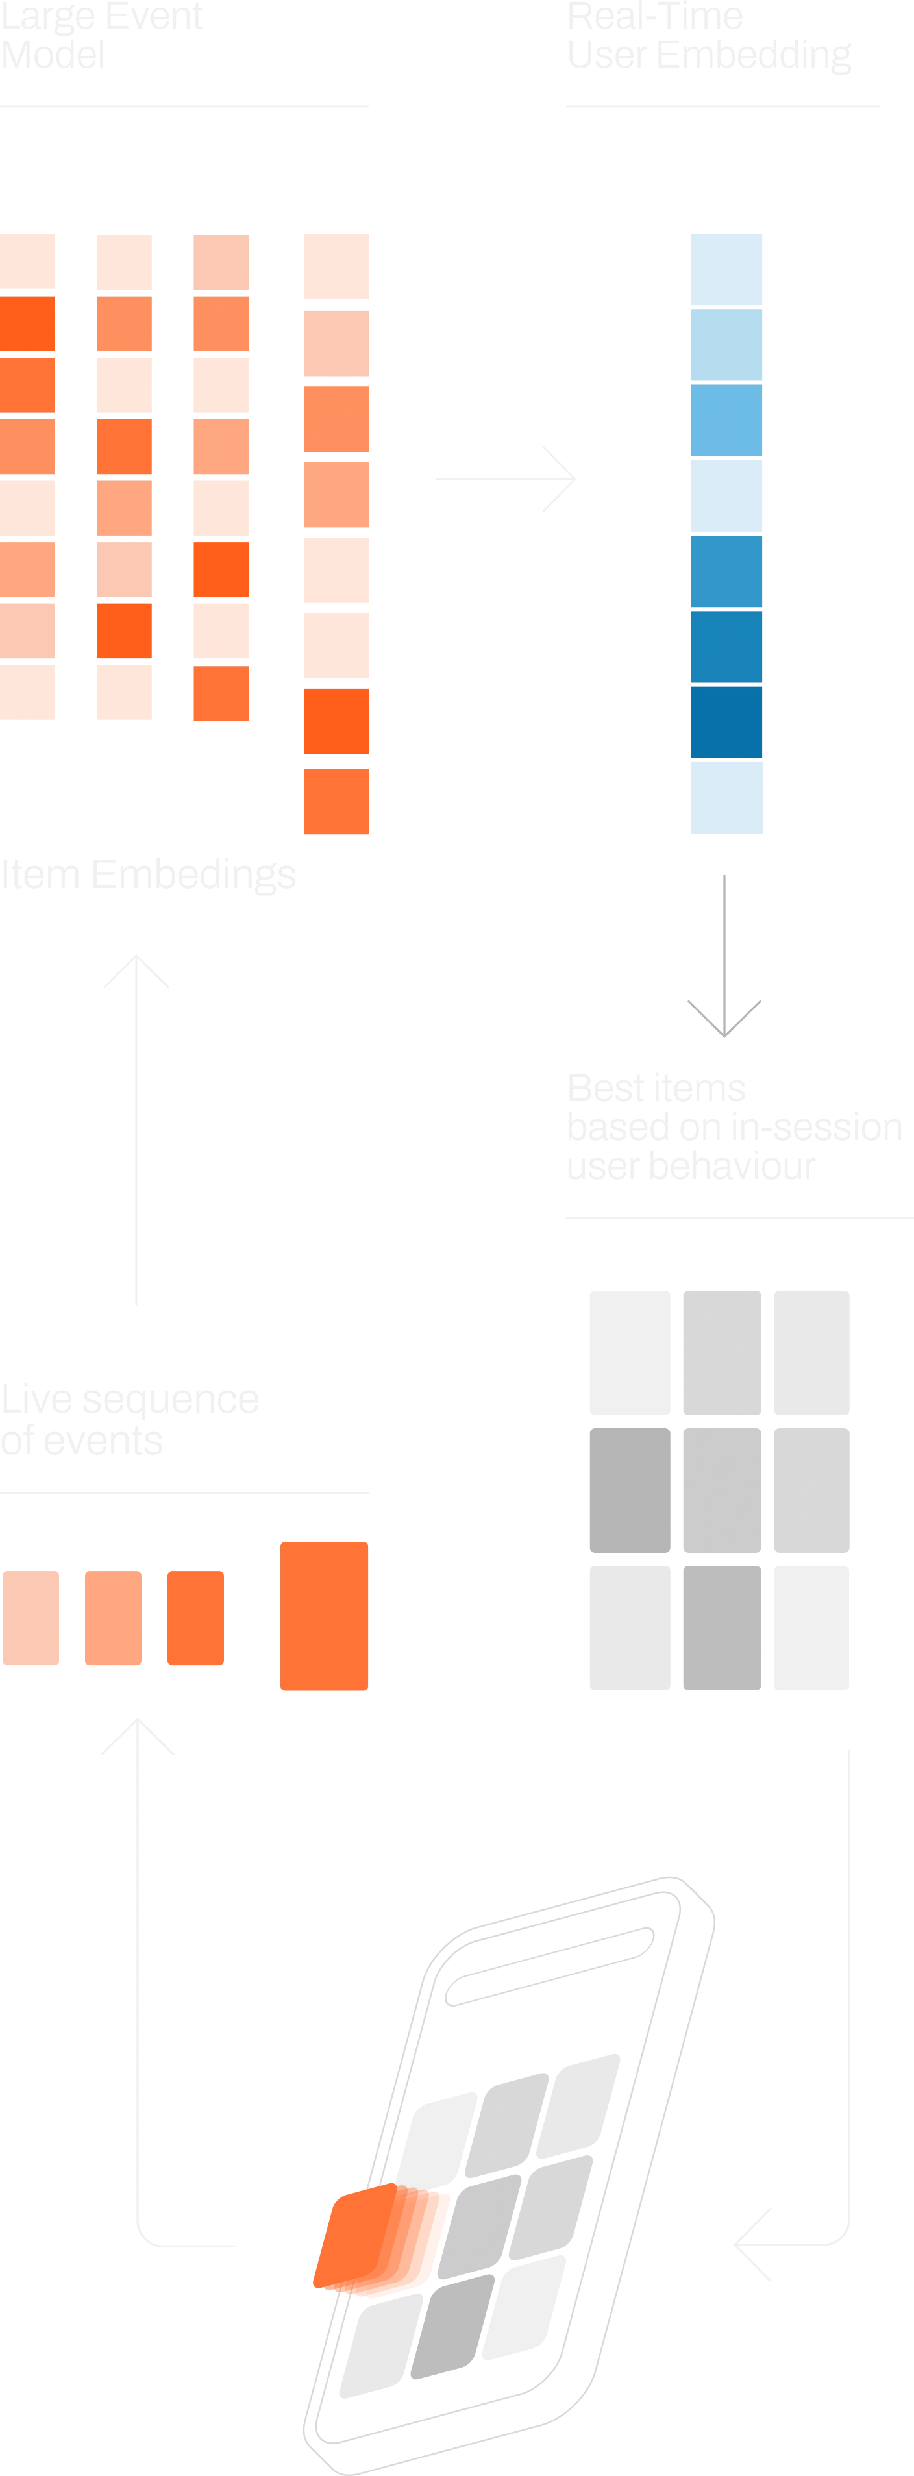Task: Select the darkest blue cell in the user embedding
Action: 726,721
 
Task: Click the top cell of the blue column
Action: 726,270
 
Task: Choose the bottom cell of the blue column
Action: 726,796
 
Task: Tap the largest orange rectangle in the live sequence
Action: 324,1615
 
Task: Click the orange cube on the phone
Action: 380,2240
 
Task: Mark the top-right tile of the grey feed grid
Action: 812,1352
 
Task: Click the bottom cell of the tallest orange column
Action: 338,800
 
